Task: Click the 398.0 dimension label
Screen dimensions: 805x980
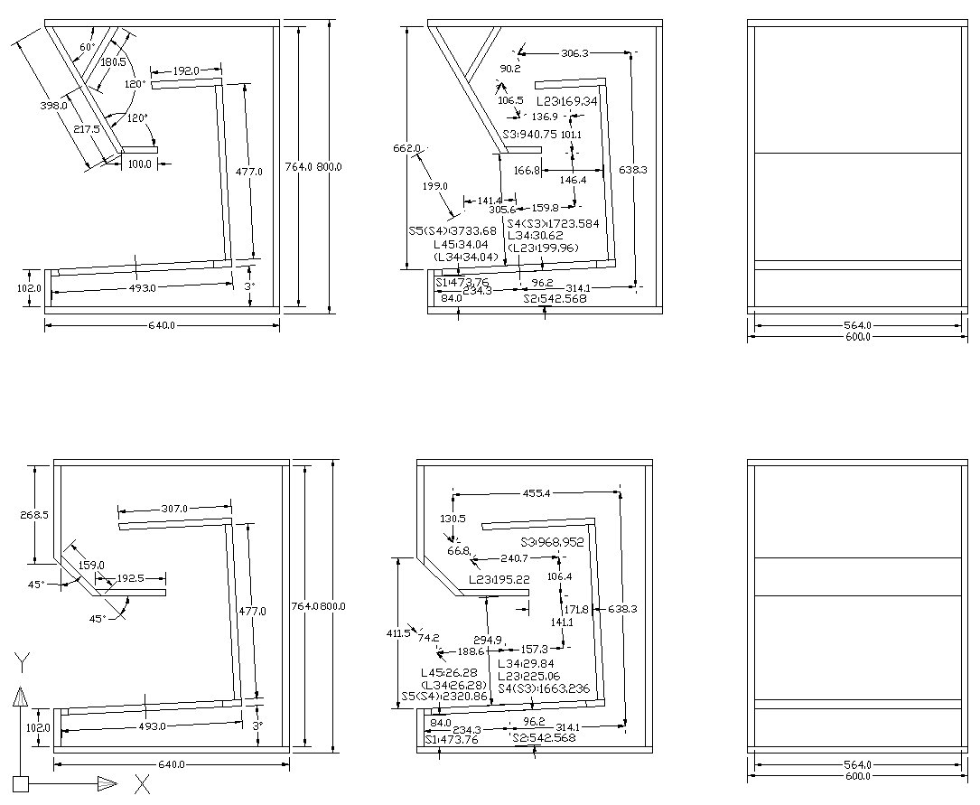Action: tap(55, 107)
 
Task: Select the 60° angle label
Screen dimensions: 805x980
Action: tap(88, 47)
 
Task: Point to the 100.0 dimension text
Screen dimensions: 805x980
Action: tap(139, 164)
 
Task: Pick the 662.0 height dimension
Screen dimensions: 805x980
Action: tap(407, 148)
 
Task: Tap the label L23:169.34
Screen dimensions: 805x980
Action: tap(567, 101)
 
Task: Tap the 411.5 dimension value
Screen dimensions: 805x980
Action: tap(397, 633)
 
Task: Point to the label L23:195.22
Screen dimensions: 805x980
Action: tap(499, 579)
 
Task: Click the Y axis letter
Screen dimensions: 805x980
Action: tap(20, 664)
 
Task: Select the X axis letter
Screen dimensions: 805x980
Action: tap(142, 783)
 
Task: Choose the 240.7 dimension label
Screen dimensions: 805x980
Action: tap(514, 559)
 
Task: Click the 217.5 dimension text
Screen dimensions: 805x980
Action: tap(86, 130)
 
